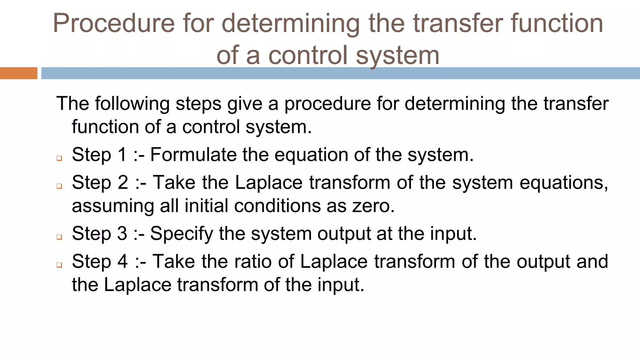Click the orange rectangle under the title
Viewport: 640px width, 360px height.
[x=18, y=73]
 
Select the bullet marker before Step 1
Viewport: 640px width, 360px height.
[x=59, y=158]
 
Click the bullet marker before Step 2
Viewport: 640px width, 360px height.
[x=59, y=186]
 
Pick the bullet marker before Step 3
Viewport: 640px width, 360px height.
[x=59, y=237]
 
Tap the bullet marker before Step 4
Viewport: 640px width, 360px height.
[x=59, y=265]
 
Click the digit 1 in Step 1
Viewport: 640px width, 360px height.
[x=122, y=155]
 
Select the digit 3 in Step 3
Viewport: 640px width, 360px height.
[x=122, y=233]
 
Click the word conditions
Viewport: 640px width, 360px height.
[x=277, y=206]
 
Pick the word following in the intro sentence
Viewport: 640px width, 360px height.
[x=132, y=104]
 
